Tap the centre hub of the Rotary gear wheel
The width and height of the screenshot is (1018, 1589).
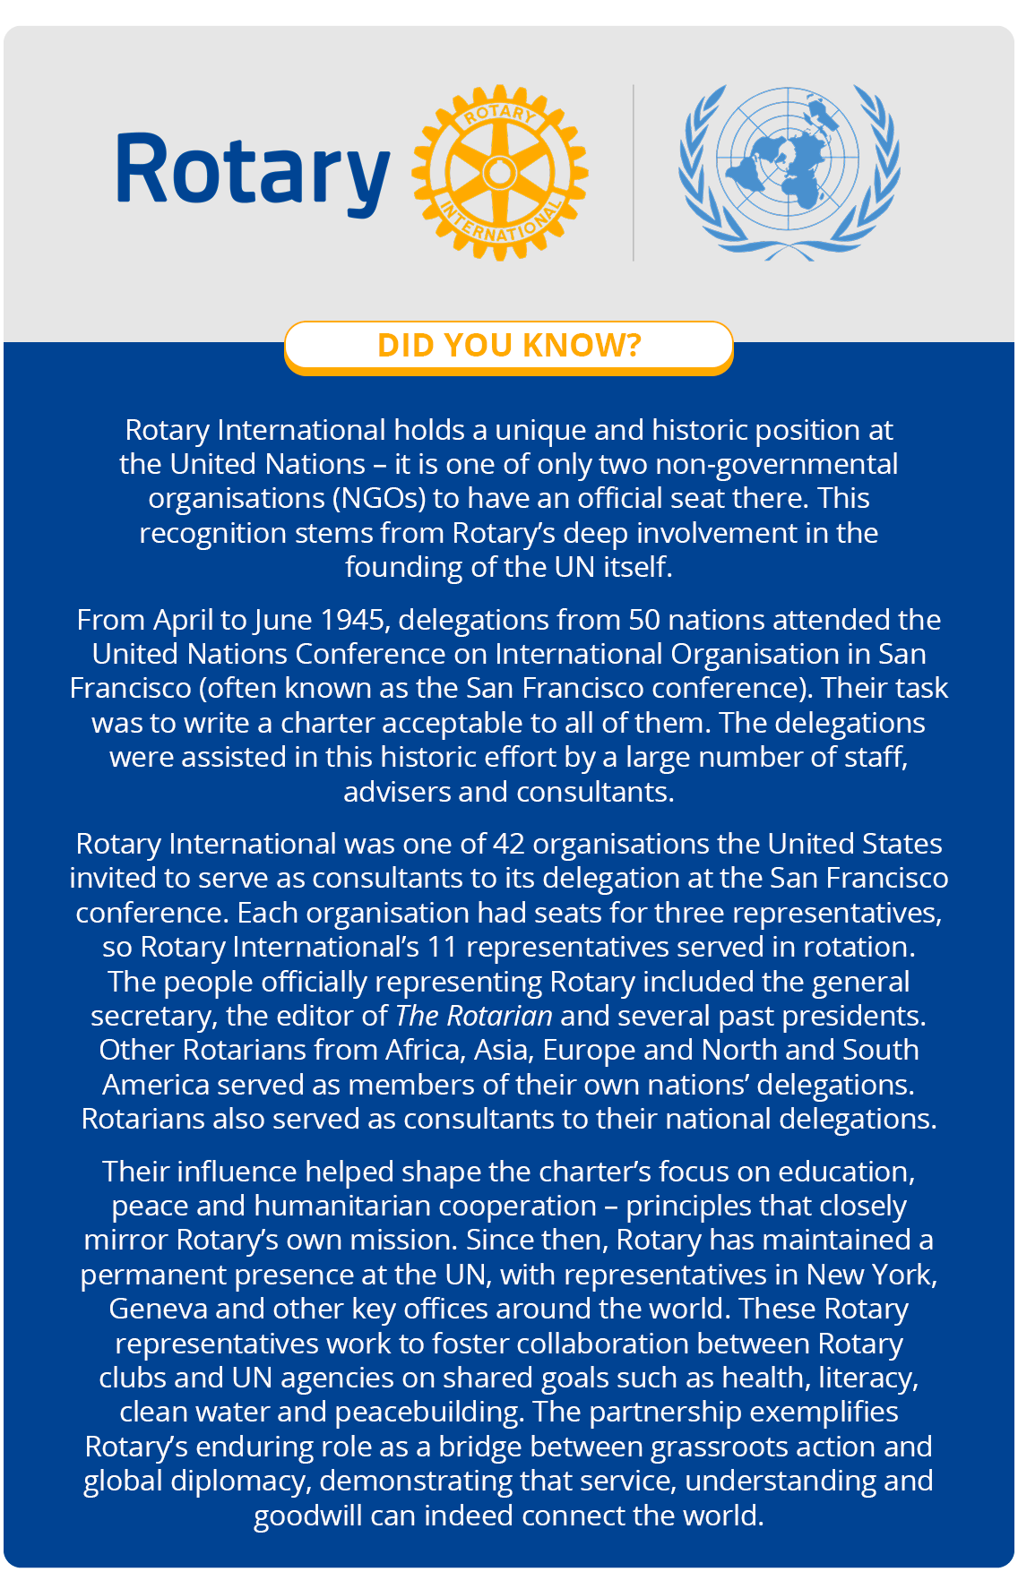coord(499,172)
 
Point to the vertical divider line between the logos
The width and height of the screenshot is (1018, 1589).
coord(634,172)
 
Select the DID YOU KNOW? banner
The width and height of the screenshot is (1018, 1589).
coord(509,345)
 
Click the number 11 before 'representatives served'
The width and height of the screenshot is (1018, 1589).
coord(441,947)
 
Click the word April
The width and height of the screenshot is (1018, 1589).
coord(186,620)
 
